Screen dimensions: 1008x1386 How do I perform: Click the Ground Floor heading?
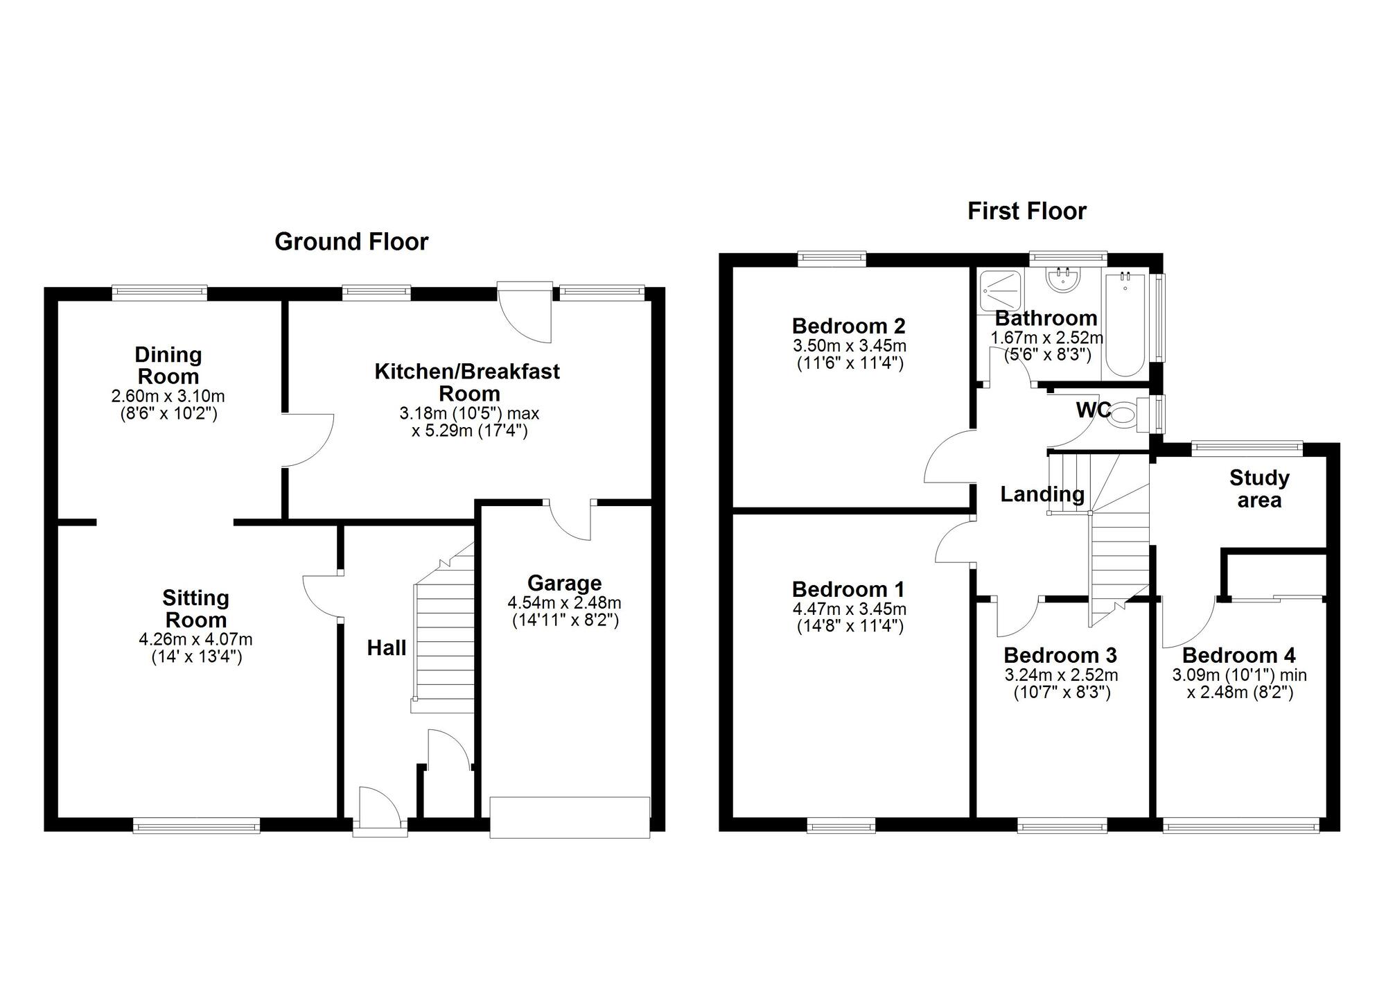click(351, 241)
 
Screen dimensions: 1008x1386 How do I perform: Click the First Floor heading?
click(1026, 211)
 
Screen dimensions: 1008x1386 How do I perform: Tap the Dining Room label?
click(168, 365)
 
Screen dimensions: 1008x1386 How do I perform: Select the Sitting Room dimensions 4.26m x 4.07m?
click(196, 638)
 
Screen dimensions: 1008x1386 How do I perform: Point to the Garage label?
click(564, 583)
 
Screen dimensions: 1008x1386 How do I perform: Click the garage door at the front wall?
click(570, 818)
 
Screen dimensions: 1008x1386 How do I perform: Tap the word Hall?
click(386, 648)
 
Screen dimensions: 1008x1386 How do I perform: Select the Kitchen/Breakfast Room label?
click(468, 382)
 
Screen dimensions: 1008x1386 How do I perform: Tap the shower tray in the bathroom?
click(999, 292)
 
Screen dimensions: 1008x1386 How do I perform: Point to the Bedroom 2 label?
click(848, 326)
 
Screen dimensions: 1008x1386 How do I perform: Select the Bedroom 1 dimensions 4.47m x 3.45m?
click(850, 609)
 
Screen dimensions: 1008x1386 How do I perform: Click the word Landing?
click(1042, 494)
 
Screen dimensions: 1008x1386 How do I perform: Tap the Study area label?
click(1259, 489)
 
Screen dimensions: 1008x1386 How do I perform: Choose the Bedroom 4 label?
click(1238, 655)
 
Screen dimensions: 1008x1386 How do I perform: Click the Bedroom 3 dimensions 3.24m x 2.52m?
click(1061, 675)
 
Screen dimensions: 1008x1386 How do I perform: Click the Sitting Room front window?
click(196, 824)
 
